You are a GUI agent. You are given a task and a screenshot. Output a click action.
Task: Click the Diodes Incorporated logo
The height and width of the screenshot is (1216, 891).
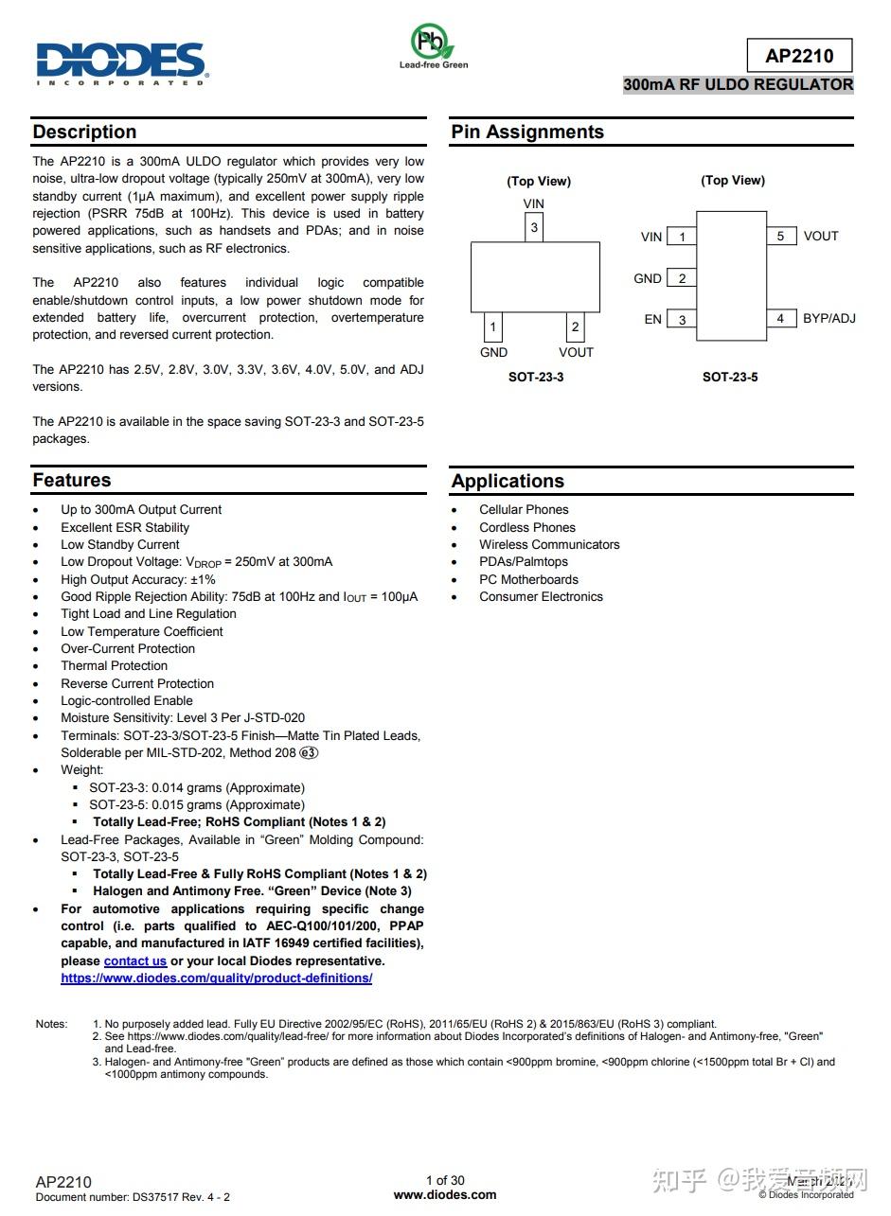tap(121, 63)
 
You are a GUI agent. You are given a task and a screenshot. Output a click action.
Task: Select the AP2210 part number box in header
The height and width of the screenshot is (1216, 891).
tap(799, 56)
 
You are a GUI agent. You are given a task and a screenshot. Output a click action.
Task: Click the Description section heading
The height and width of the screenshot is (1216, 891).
tap(84, 132)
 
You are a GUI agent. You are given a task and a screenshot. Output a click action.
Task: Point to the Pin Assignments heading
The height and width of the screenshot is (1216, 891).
tap(527, 132)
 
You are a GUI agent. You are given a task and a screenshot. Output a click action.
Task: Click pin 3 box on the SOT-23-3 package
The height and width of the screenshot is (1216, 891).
tap(534, 227)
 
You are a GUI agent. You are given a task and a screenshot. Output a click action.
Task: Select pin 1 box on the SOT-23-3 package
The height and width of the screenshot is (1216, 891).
tap(492, 327)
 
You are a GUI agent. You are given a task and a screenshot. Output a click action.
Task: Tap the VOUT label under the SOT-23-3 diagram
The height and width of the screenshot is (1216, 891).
tap(576, 352)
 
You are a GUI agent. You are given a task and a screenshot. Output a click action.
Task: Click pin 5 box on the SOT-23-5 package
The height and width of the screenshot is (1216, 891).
tap(780, 236)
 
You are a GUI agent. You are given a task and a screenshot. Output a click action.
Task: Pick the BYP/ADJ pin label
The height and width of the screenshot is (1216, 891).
tap(829, 318)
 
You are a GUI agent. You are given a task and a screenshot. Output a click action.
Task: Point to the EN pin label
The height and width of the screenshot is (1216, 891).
tap(652, 319)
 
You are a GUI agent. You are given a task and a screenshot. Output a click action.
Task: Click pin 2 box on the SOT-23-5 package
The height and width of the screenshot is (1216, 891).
tap(682, 278)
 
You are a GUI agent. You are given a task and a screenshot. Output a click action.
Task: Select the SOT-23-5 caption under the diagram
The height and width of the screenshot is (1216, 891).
tap(729, 377)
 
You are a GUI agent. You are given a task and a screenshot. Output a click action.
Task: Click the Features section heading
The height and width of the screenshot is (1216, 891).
tap(72, 480)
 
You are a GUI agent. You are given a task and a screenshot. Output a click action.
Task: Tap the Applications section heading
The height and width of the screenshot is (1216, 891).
tap(508, 481)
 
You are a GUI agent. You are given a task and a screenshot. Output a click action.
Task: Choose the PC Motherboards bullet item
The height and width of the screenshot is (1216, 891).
tap(528, 579)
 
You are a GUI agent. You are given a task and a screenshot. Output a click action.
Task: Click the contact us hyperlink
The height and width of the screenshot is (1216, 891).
tap(135, 960)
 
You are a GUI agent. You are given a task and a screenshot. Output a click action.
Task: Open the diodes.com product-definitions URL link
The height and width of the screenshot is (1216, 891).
tap(216, 978)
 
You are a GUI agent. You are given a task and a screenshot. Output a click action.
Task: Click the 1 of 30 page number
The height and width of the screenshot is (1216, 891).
tap(445, 1180)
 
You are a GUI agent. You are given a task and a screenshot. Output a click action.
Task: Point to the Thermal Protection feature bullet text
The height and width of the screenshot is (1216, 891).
tap(115, 665)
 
